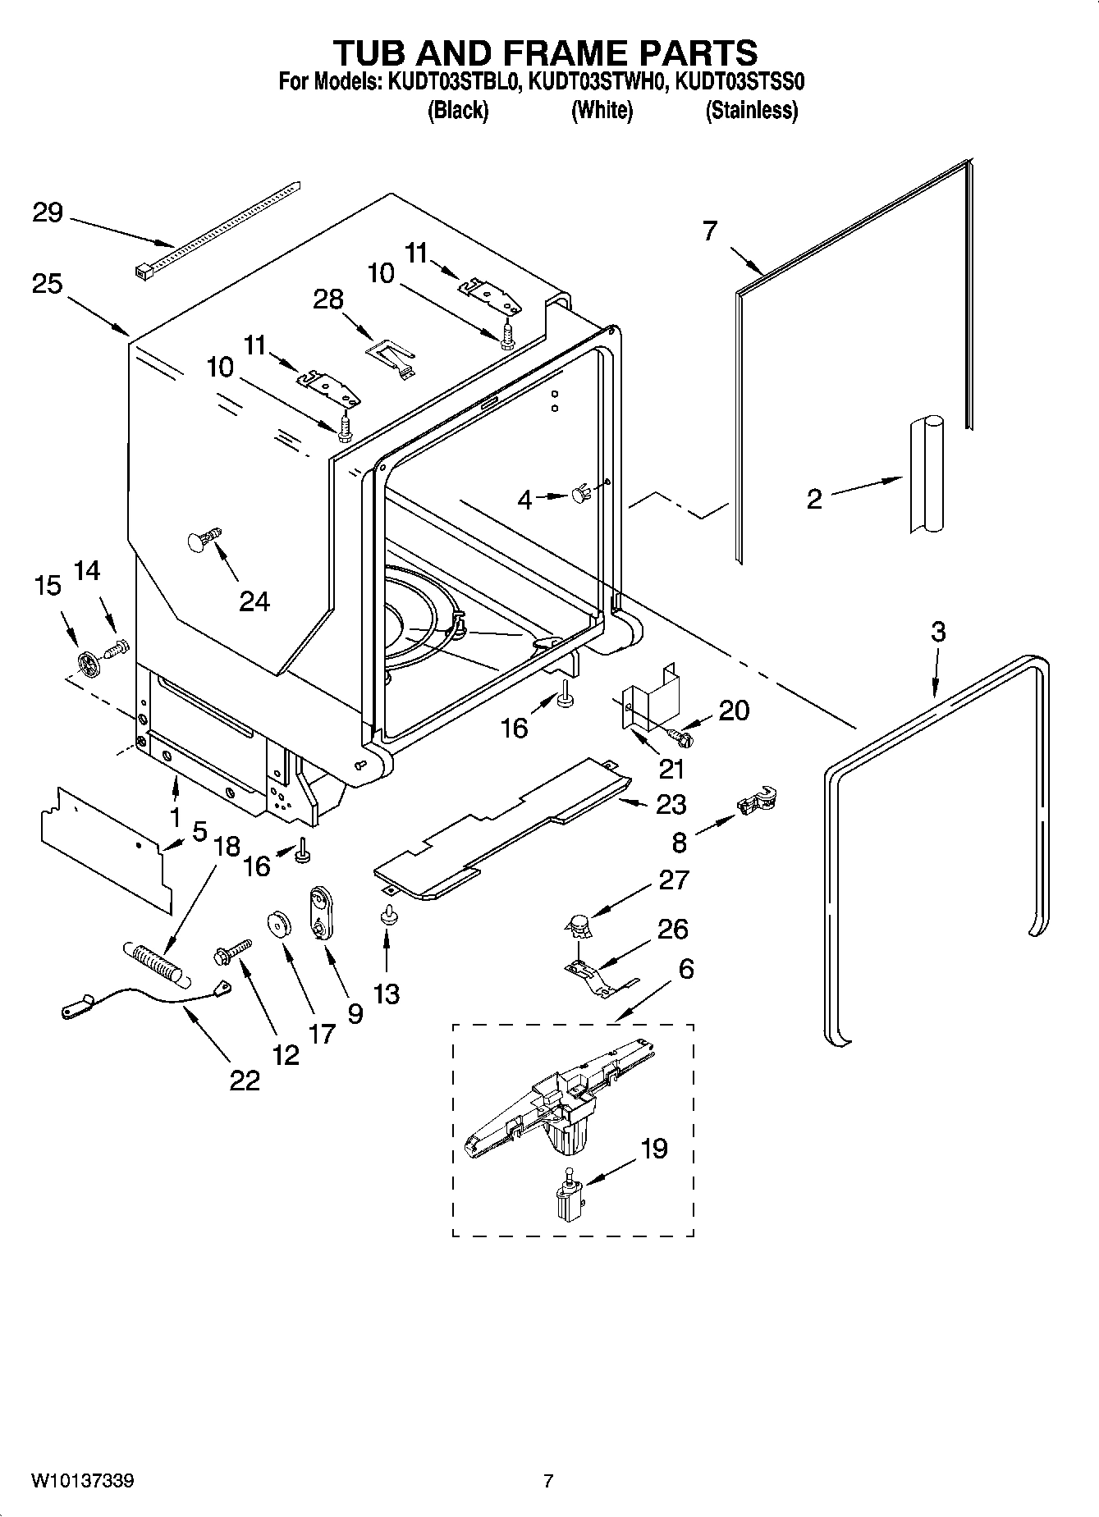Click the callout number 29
point(47,213)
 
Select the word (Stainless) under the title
point(751,110)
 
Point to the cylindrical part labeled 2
point(926,475)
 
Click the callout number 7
point(710,231)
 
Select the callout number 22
point(244,1081)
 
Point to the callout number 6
point(685,969)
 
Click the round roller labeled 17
point(279,923)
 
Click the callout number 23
point(671,804)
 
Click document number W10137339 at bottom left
point(83,1481)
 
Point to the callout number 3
point(938,632)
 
